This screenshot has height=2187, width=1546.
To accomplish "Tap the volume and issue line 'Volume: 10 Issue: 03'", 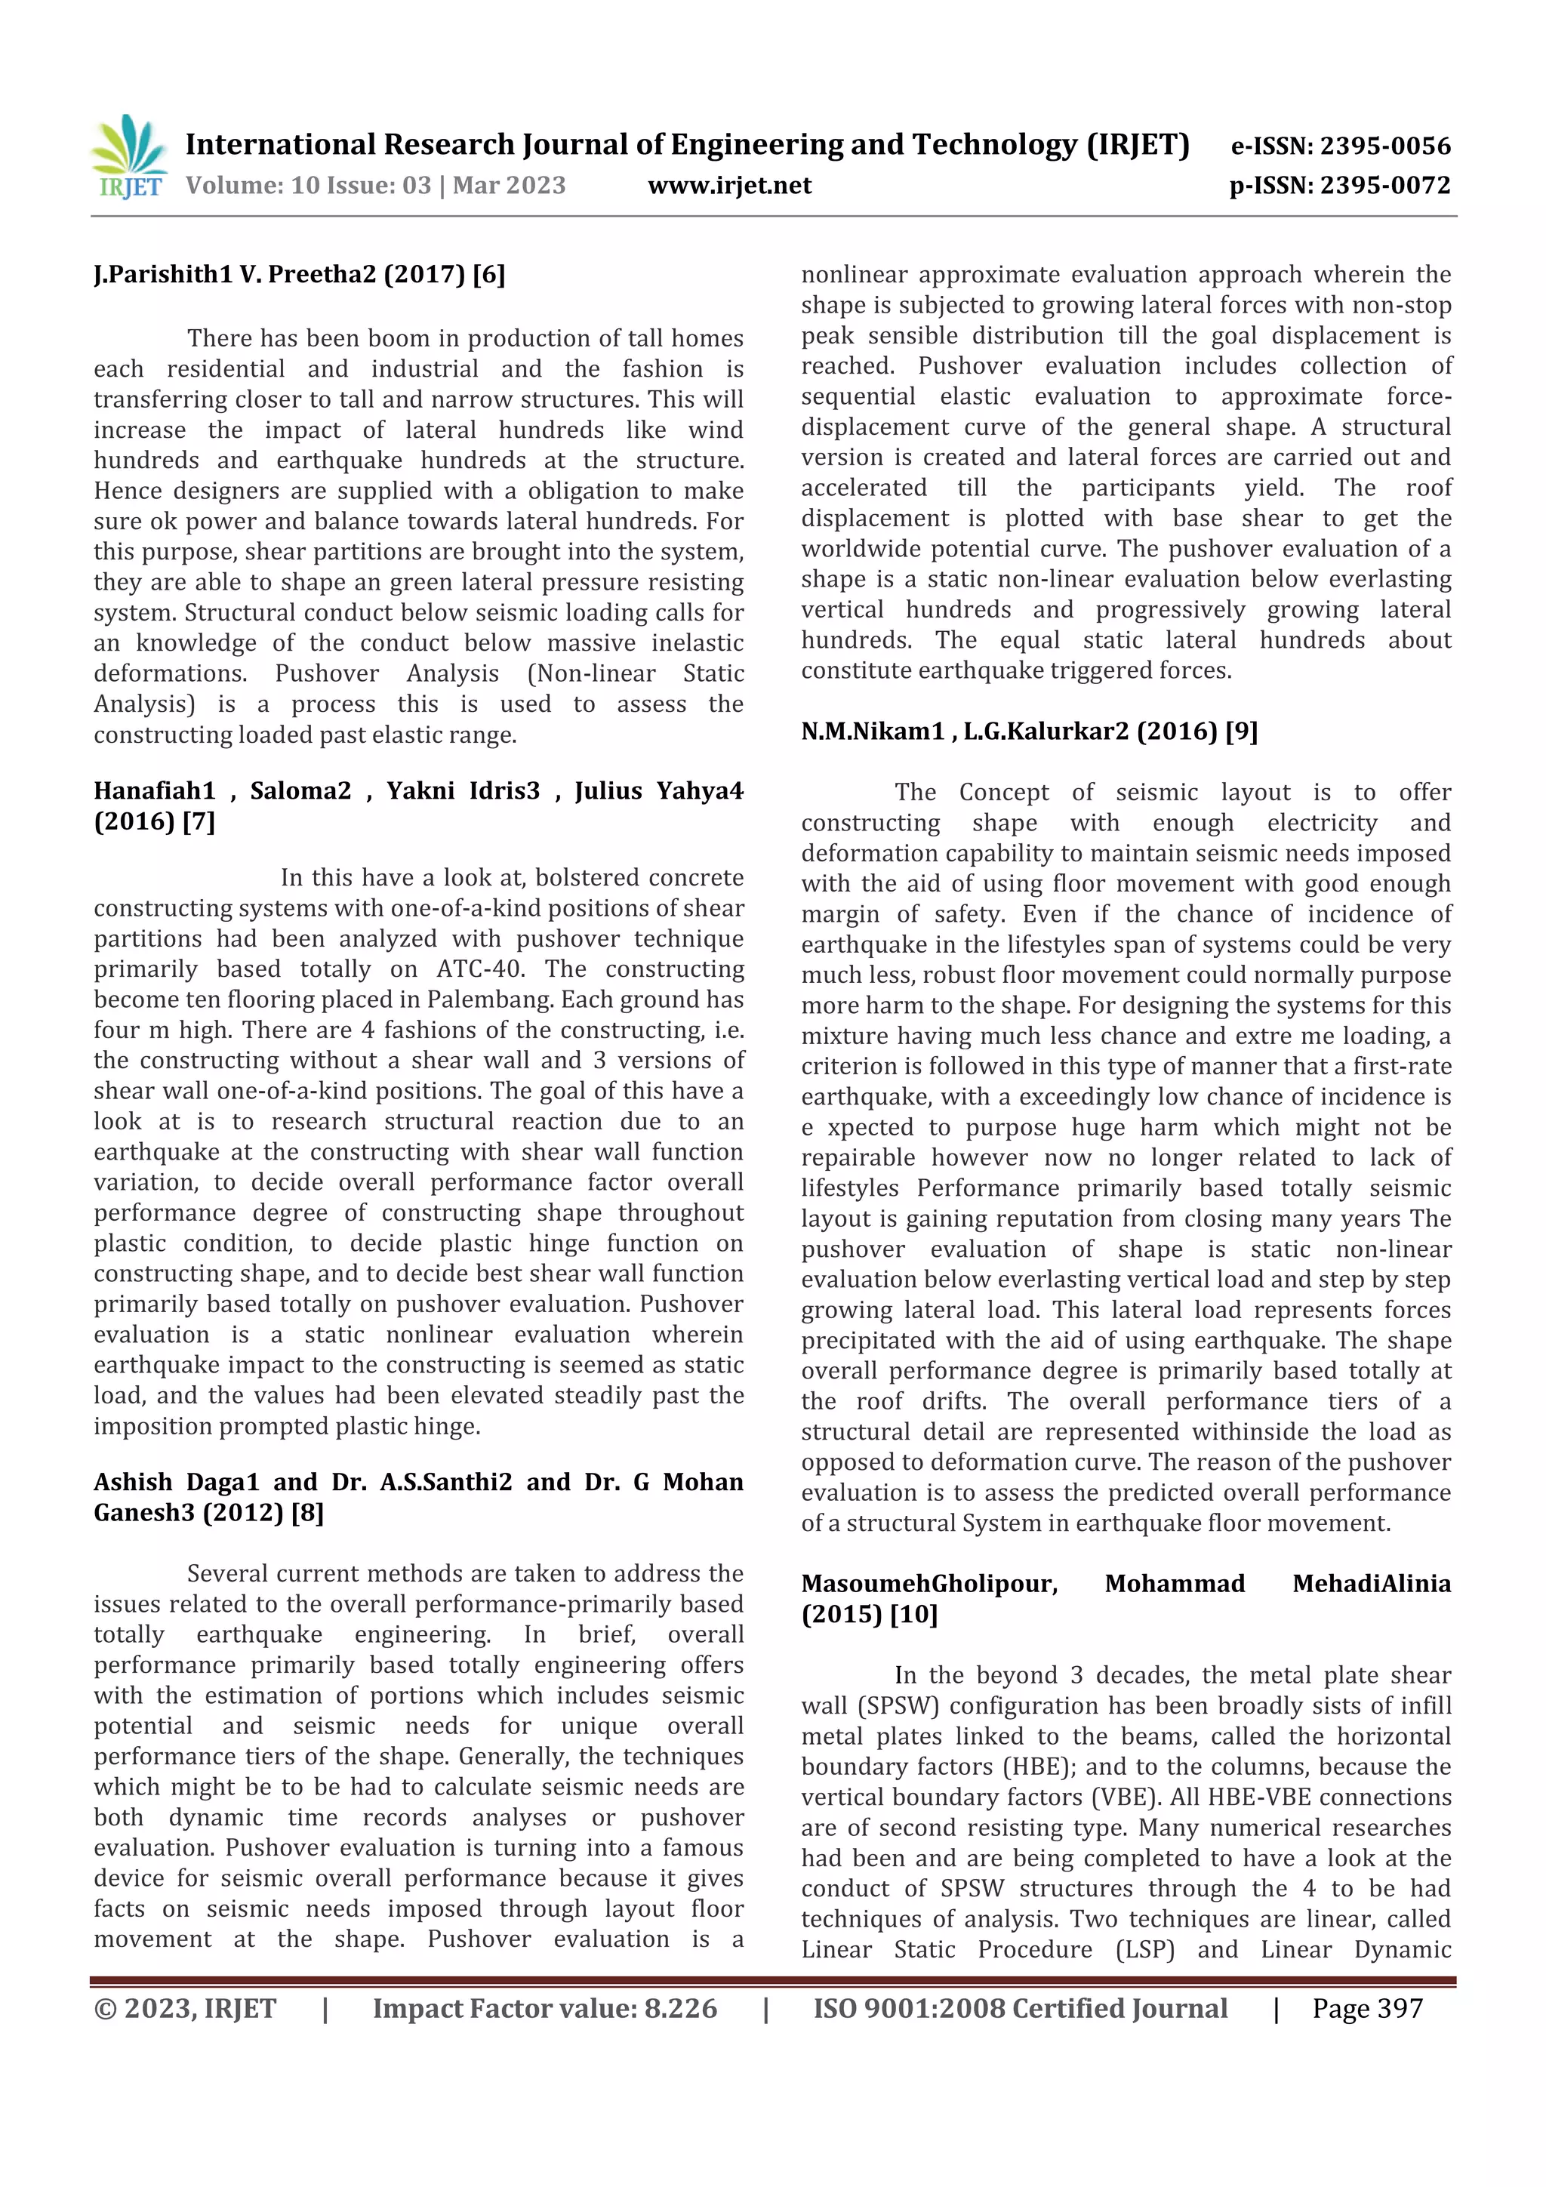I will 308,186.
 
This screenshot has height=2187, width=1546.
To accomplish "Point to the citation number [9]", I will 1241,731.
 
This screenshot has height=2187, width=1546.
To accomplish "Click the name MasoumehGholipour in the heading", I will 929,1583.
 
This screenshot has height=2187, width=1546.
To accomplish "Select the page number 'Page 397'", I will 1367,2008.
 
